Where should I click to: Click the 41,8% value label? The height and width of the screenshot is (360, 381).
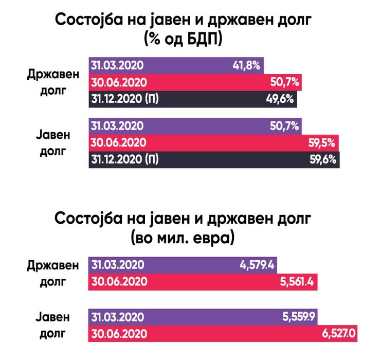(247, 65)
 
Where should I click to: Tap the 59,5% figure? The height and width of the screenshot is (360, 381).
(323, 142)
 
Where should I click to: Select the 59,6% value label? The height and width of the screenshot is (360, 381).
(323, 159)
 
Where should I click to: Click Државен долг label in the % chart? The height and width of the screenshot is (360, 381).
(54, 82)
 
